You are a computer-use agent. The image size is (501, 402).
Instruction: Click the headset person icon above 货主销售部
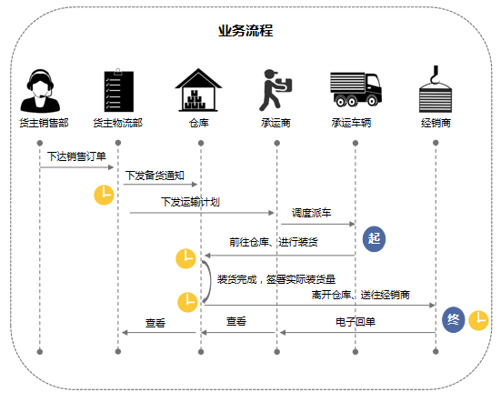click(41, 88)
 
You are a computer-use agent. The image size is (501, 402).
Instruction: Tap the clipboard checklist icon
click(118, 88)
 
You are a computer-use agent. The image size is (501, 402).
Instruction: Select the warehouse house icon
click(199, 88)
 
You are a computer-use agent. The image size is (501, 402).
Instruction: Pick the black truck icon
click(355, 88)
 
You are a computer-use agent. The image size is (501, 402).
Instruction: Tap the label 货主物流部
click(118, 123)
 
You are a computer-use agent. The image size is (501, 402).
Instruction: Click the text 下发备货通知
click(155, 174)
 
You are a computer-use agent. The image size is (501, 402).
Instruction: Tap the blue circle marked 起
click(375, 238)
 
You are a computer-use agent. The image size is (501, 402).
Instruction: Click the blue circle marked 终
click(455, 319)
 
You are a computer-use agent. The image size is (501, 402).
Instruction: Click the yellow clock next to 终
click(478, 320)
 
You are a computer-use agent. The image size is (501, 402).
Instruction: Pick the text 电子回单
click(356, 321)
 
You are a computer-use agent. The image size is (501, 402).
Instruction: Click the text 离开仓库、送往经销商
click(361, 295)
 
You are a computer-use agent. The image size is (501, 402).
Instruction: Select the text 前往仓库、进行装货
click(273, 243)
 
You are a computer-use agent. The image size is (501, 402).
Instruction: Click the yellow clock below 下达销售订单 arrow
click(105, 195)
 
